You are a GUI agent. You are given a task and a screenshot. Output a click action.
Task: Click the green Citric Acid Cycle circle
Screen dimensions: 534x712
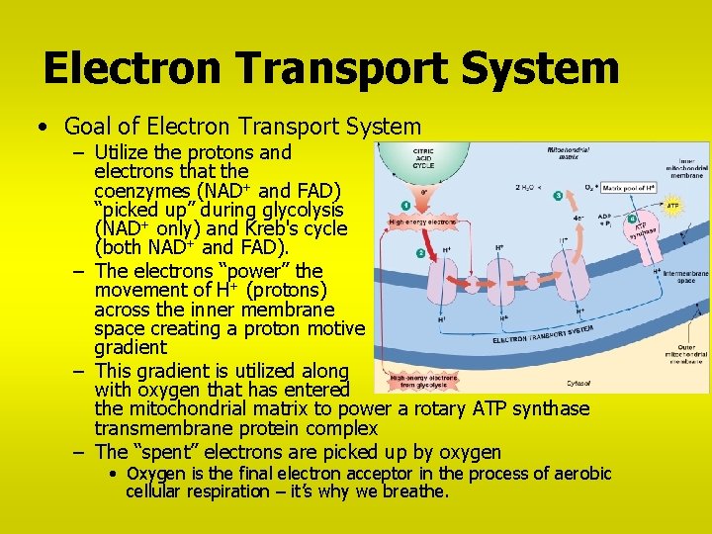(423, 166)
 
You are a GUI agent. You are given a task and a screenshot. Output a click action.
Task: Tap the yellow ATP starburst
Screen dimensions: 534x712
(673, 207)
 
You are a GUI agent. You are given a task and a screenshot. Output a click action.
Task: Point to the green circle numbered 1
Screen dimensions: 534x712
(404, 206)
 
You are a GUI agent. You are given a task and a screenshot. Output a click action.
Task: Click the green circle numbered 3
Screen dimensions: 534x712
(558, 196)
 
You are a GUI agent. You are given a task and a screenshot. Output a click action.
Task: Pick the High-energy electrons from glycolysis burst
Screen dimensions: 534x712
(424, 380)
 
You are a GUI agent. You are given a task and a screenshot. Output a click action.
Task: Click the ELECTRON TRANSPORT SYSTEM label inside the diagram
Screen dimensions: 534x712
(544, 334)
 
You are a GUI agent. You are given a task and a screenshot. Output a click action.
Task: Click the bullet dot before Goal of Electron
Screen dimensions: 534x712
(41, 128)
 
